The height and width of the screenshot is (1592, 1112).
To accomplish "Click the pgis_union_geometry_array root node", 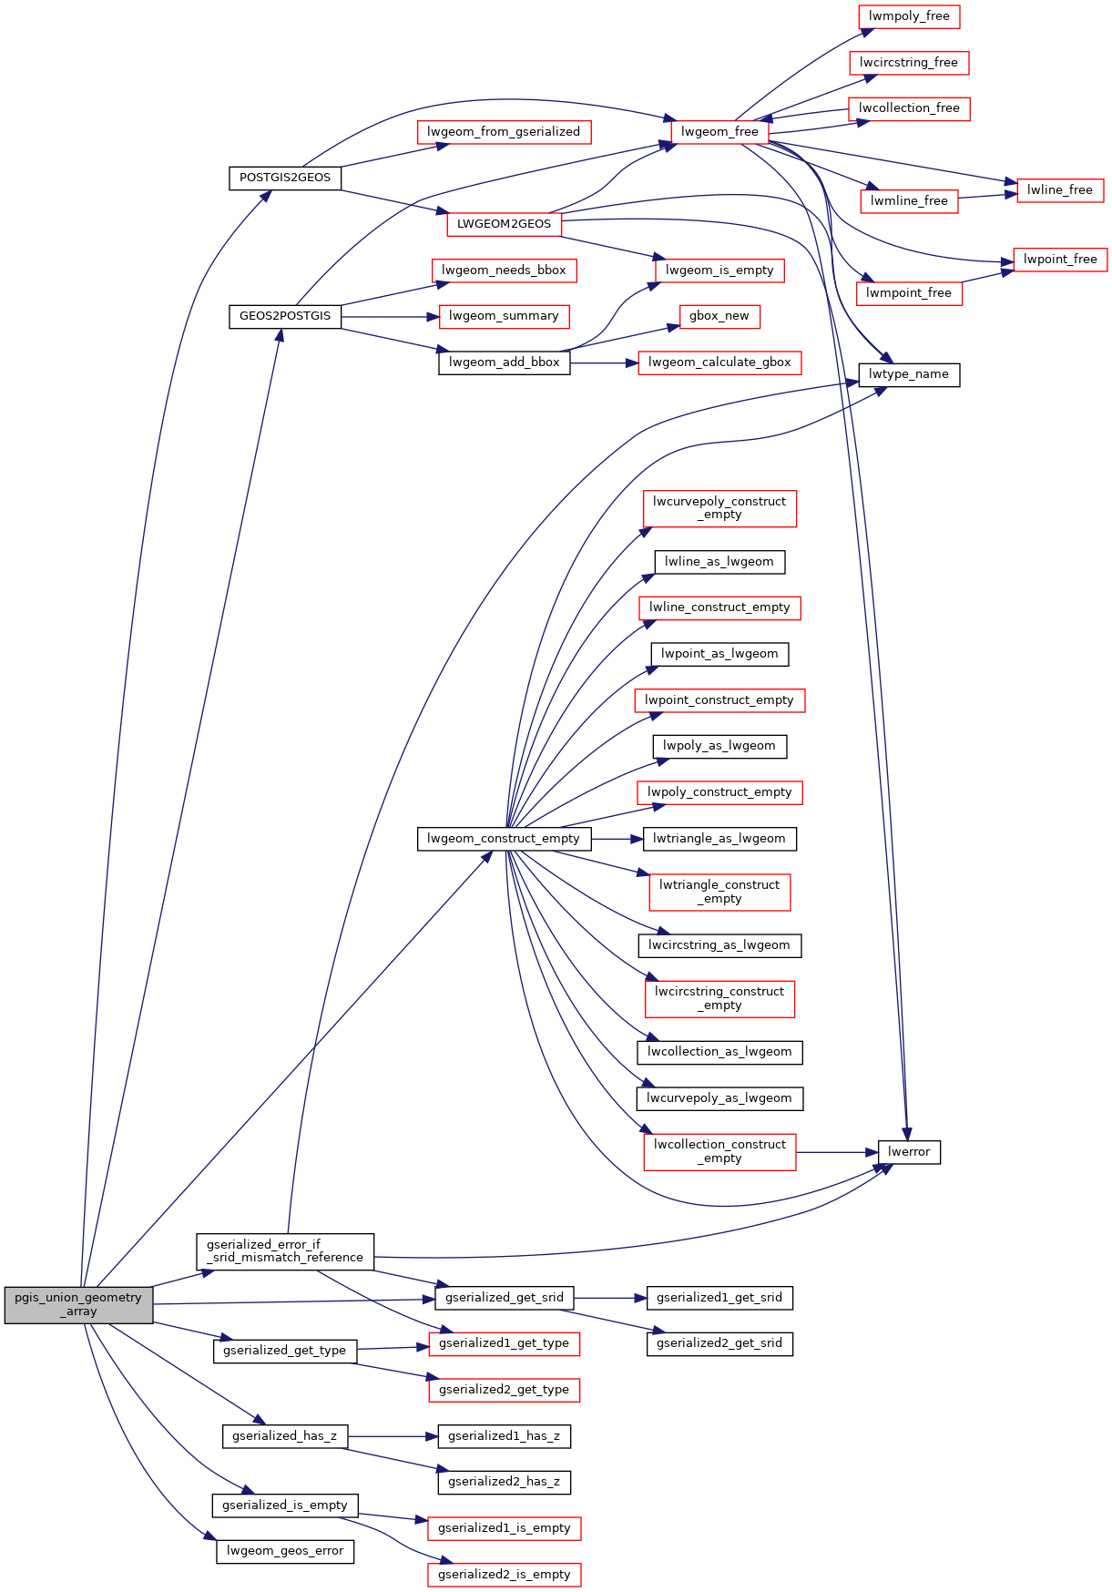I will pyautogui.click(x=78, y=1304).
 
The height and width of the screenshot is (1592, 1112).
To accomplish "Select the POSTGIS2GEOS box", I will pyautogui.click(x=285, y=178).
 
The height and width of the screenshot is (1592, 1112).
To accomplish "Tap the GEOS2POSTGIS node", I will pyautogui.click(x=285, y=316).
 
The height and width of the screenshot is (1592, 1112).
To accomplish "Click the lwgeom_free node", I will pyautogui.click(x=719, y=132).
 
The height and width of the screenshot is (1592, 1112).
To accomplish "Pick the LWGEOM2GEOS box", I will pyautogui.click(x=504, y=224).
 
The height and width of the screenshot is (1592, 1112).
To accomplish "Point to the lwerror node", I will pyautogui.click(x=909, y=1152).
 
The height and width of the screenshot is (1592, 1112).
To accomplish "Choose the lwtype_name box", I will pyautogui.click(x=909, y=374).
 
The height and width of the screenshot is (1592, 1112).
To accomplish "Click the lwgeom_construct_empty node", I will pyautogui.click(x=504, y=839).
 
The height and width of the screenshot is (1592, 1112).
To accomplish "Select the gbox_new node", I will pyautogui.click(x=719, y=316).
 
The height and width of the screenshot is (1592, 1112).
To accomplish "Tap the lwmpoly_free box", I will pyautogui.click(x=909, y=16).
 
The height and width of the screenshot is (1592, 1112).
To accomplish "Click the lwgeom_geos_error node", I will pyautogui.click(x=285, y=1551).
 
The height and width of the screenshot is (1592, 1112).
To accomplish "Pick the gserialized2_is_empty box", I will pyautogui.click(x=504, y=1575).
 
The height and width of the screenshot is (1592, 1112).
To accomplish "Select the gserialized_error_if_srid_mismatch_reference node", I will pyautogui.click(x=285, y=1251).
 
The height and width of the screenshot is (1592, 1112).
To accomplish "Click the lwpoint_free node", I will pyautogui.click(x=1060, y=260).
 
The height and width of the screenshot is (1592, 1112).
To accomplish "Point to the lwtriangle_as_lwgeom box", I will pyautogui.click(x=719, y=839).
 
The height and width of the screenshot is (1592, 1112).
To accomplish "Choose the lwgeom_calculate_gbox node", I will pyautogui.click(x=719, y=362).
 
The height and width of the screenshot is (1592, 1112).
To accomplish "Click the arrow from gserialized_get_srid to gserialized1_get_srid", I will pyautogui.click(x=610, y=1298).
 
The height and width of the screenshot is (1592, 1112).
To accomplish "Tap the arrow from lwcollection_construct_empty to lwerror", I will pyautogui.click(x=837, y=1152).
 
